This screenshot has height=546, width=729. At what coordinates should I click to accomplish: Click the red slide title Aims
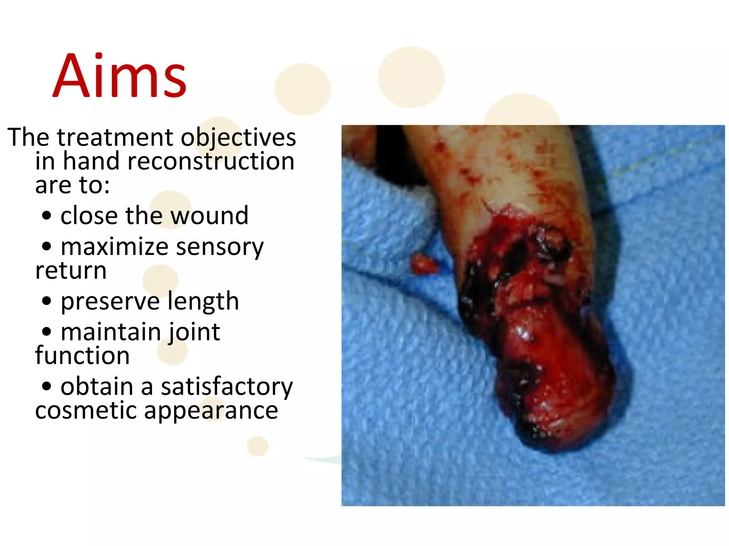[120, 76]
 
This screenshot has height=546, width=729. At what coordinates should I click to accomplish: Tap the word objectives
[238, 138]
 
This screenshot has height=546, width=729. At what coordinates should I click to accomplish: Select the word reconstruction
[211, 161]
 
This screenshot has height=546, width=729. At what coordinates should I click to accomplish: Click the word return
[71, 271]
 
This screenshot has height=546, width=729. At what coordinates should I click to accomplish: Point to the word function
[82, 356]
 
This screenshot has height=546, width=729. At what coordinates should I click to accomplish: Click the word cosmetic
[86, 411]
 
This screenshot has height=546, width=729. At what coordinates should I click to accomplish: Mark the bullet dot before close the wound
[47, 215]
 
